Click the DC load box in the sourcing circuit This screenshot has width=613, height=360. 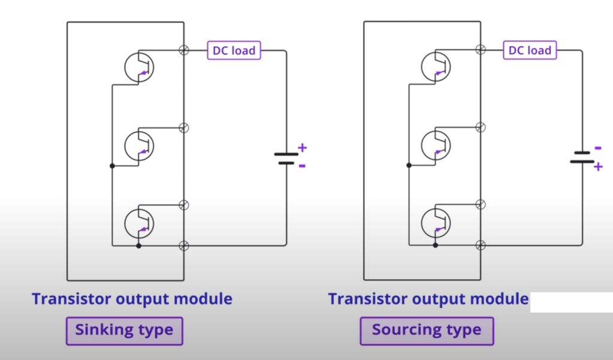point(530,50)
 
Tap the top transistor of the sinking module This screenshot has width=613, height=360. point(139,66)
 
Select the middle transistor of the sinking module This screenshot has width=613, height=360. point(139,144)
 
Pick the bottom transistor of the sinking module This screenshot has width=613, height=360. point(139,222)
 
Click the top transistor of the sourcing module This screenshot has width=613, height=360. point(436,66)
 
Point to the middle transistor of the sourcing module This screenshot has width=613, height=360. point(436,144)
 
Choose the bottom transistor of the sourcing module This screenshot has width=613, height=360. point(436,222)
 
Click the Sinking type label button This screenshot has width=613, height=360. point(124,330)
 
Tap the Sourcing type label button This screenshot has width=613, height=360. point(427,330)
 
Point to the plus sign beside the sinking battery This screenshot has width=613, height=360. point(302,147)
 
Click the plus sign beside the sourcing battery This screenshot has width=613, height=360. point(597,167)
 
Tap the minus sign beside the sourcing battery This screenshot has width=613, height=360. point(597,148)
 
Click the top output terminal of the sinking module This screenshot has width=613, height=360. point(184,50)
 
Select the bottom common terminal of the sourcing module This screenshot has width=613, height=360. point(480,245)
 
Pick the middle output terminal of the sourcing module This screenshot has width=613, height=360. point(480,127)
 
